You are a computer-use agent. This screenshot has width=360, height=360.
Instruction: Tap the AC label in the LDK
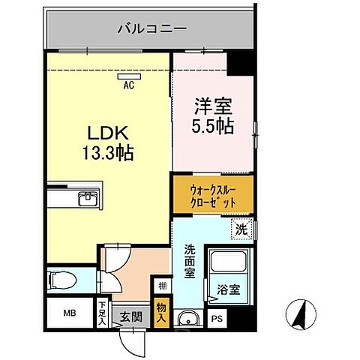[x=128, y=84]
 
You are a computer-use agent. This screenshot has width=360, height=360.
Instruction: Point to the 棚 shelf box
[x=161, y=285]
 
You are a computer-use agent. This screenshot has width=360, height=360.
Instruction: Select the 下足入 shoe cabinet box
[x=103, y=310]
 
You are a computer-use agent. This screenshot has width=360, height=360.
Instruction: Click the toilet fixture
[x=62, y=280]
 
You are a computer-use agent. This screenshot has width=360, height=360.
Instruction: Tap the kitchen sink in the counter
[x=87, y=198]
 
